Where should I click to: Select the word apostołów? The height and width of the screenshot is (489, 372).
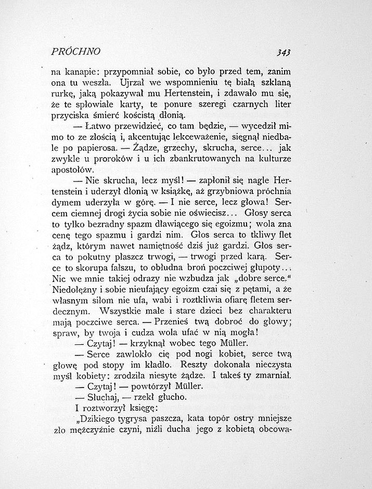coord(71,170)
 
